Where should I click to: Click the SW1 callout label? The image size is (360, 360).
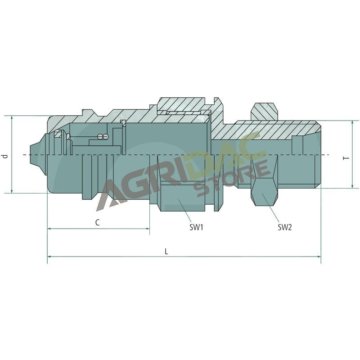[196, 227]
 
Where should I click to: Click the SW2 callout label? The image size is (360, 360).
[285, 227]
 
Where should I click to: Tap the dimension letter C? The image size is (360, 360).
[98, 222]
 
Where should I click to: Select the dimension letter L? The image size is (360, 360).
[166, 252]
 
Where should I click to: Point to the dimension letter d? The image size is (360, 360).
[5, 156]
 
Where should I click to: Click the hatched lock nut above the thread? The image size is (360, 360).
[264, 111]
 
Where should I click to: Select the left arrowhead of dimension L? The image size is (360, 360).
[48, 256]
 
